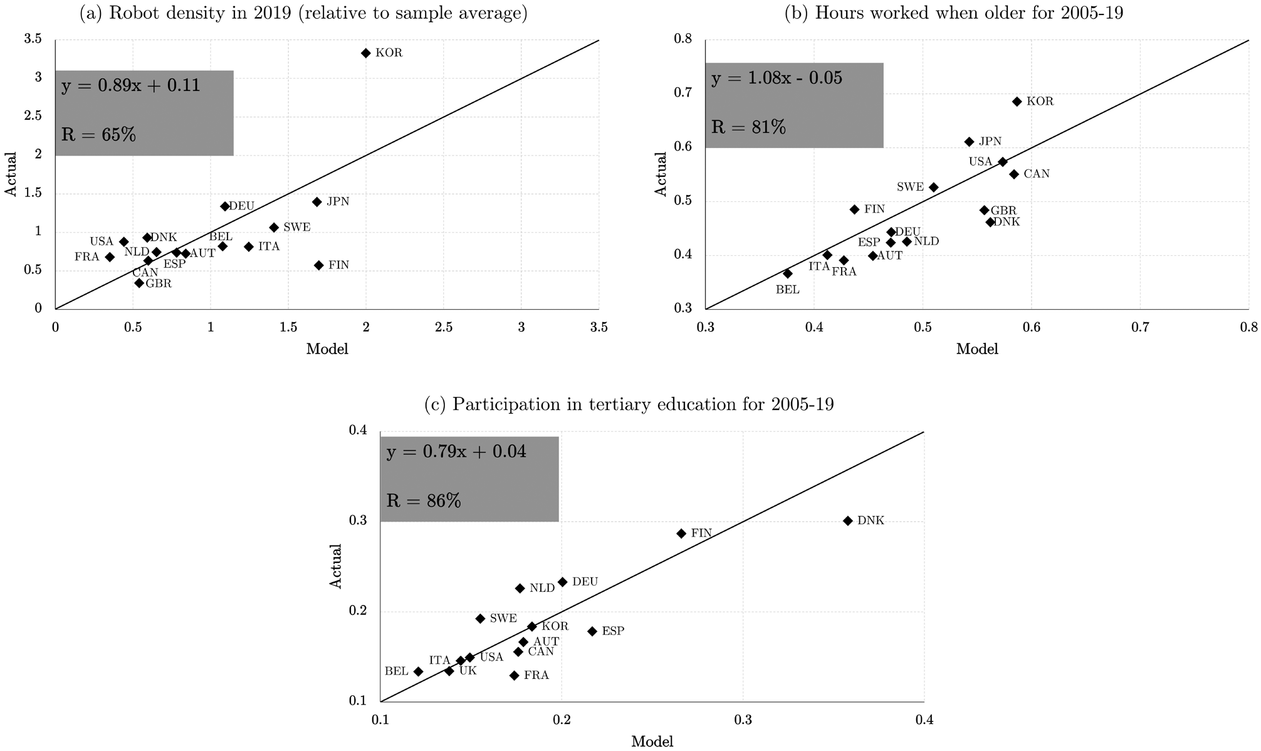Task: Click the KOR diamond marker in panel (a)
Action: click(x=366, y=53)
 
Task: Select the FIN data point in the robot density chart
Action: click(x=318, y=265)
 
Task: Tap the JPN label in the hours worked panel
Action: click(x=990, y=142)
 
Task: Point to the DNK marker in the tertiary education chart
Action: click(x=847, y=521)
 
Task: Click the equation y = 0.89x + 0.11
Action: click(x=130, y=86)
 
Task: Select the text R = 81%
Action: click(x=748, y=127)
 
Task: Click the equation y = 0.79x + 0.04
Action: click(x=456, y=452)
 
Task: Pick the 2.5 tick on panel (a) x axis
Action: click(x=444, y=327)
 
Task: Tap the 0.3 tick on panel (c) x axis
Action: click(x=743, y=720)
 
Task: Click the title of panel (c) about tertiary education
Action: click(x=629, y=404)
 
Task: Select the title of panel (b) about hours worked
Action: click(x=954, y=13)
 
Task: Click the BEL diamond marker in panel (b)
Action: click(x=788, y=273)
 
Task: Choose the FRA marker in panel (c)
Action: click(x=514, y=675)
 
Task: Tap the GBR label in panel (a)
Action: click(x=159, y=283)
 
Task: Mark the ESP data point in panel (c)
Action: click(x=592, y=631)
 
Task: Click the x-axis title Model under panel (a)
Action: click(x=327, y=349)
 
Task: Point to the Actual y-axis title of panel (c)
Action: click(x=337, y=565)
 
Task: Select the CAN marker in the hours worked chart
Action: click(x=1014, y=174)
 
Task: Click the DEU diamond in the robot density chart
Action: click(x=225, y=206)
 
